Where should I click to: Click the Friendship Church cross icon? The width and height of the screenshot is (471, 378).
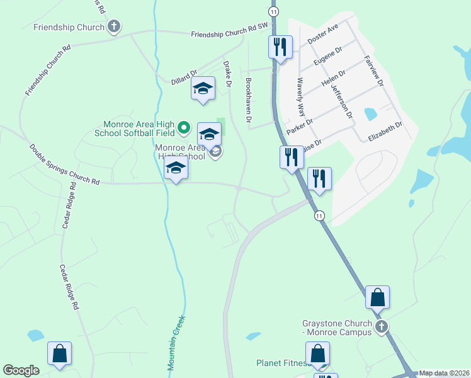114,26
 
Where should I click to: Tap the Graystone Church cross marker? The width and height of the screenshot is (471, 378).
381,326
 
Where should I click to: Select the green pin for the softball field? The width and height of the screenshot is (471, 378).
184,128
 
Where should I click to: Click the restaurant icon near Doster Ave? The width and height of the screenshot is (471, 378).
280,47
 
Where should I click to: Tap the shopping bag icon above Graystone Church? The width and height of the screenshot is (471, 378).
377,297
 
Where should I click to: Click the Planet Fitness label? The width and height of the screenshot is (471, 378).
281,363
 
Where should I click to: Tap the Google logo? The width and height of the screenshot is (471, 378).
21,370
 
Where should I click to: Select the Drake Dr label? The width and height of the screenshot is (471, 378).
228,74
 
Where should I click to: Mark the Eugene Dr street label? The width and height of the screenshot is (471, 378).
327,57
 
